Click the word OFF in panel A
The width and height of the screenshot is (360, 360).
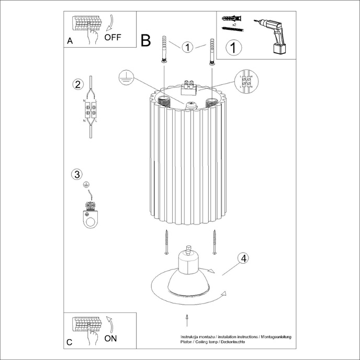point(113,37)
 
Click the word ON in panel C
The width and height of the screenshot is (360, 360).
point(110,338)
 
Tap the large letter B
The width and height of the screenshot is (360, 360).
point(146,40)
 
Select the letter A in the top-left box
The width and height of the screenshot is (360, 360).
point(70,42)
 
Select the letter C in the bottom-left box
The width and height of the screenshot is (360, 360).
point(70,343)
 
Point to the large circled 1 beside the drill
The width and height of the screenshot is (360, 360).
point(234,48)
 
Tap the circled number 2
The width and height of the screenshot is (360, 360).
point(78,84)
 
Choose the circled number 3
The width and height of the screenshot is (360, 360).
point(77,174)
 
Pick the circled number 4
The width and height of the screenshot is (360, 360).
point(242,258)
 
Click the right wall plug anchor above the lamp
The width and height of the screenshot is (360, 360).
point(211,51)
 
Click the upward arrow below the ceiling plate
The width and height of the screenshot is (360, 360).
point(187,319)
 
